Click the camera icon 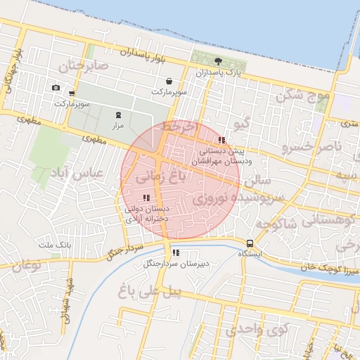(56, 88)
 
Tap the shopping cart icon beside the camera (72, 92)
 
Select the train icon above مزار (117, 115)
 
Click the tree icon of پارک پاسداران (218, 61)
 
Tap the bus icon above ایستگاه (250, 243)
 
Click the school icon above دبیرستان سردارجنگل (175, 252)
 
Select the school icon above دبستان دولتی (146, 198)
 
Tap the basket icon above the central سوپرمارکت (169, 82)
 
